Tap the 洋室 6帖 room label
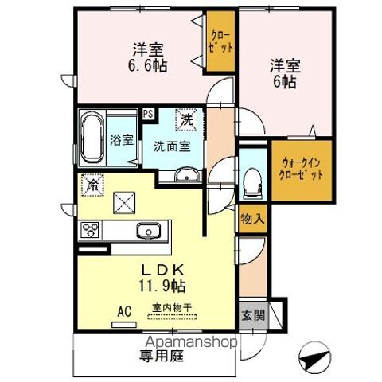(284, 72)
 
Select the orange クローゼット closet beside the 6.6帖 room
(221, 41)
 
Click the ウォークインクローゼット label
(302, 168)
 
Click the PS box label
(149, 113)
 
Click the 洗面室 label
(172, 146)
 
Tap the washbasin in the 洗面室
(187, 174)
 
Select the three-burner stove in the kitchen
(90, 231)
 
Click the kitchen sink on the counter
(147, 232)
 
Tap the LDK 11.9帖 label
(164, 275)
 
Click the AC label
(124, 311)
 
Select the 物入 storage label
(252, 218)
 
